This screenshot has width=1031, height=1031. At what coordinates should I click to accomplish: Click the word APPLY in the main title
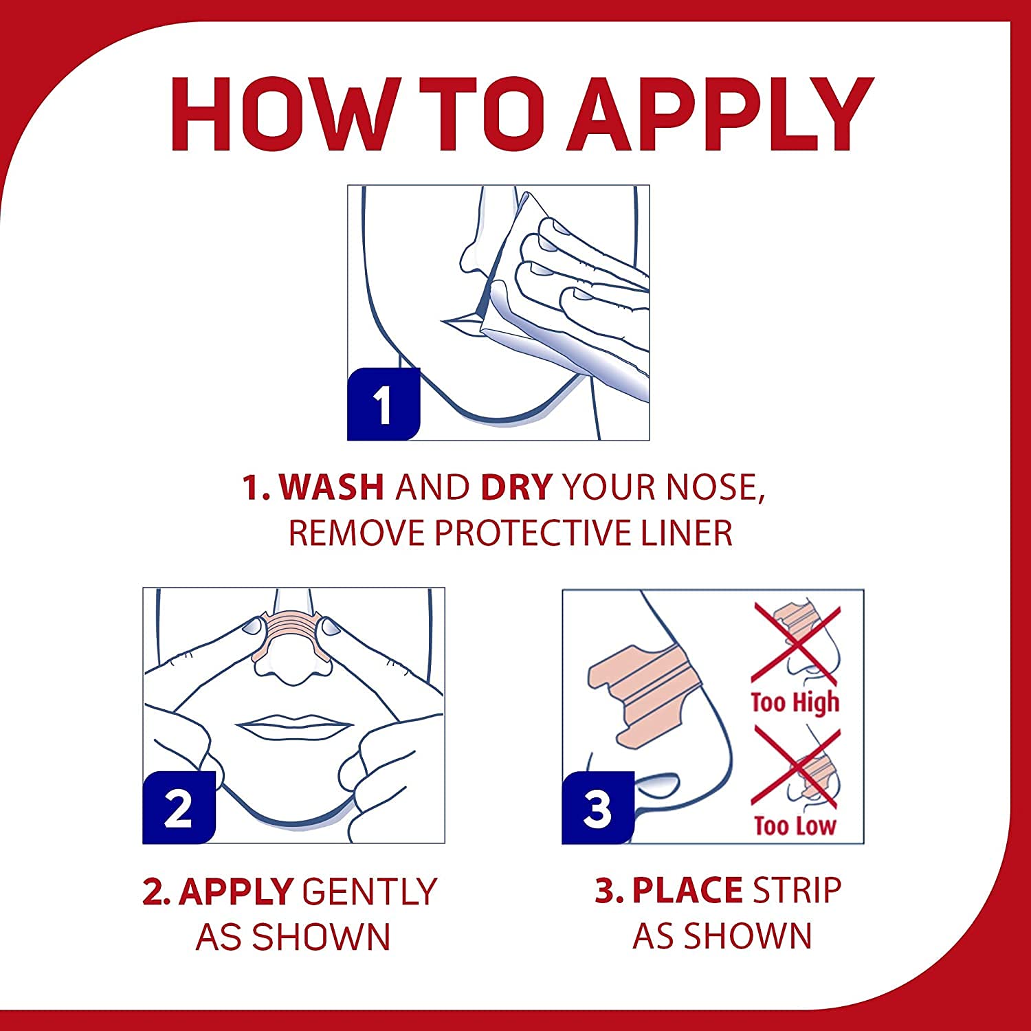coord(720,114)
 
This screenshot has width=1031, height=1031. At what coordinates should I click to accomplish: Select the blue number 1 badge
coord(384,404)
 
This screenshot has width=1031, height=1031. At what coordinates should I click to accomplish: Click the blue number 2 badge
coord(179,808)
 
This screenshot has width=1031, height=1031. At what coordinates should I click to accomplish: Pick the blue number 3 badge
coord(598,808)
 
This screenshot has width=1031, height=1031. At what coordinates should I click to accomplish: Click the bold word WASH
coord(331,487)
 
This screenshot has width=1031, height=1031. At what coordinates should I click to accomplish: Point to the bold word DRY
coord(516,487)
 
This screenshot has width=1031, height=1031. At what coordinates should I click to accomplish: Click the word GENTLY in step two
coord(369,891)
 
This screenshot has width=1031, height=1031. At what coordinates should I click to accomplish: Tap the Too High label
coord(795,702)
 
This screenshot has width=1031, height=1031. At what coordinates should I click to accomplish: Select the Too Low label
coord(795,825)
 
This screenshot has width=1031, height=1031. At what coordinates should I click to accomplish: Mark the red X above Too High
coord(796,643)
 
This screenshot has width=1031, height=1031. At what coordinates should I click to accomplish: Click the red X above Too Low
coord(796,767)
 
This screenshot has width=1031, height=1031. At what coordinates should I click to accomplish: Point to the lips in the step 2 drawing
coord(293,726)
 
